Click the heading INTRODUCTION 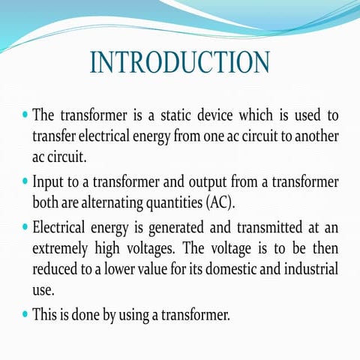point(179,62)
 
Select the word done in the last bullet point(90,314)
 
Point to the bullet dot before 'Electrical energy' point(25,226)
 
